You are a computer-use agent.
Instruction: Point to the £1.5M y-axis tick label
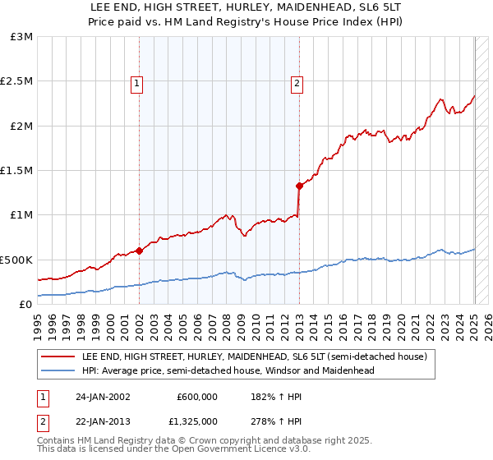point(18,171)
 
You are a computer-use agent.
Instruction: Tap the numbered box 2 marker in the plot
point(296,82)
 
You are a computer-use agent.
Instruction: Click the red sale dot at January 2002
point(140,251)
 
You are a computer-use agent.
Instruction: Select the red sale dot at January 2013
point(300,186)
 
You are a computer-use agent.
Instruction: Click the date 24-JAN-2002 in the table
point(103,397)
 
